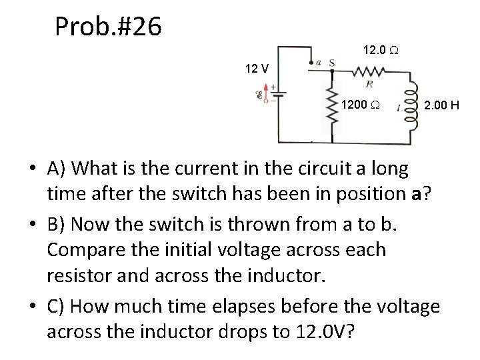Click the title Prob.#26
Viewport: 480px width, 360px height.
point(108,27)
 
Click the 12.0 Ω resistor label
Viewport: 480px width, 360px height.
point(381,51)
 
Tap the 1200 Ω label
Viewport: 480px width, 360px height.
point(361,105)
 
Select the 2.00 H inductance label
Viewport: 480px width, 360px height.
point(443,105)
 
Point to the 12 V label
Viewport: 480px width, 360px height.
point(257,68)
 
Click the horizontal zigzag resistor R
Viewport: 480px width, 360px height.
point(367,71)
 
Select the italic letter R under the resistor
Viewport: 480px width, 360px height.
point(367,84)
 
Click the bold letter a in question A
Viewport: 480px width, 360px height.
point(415,194)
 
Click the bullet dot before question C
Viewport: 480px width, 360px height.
point(33,307)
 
